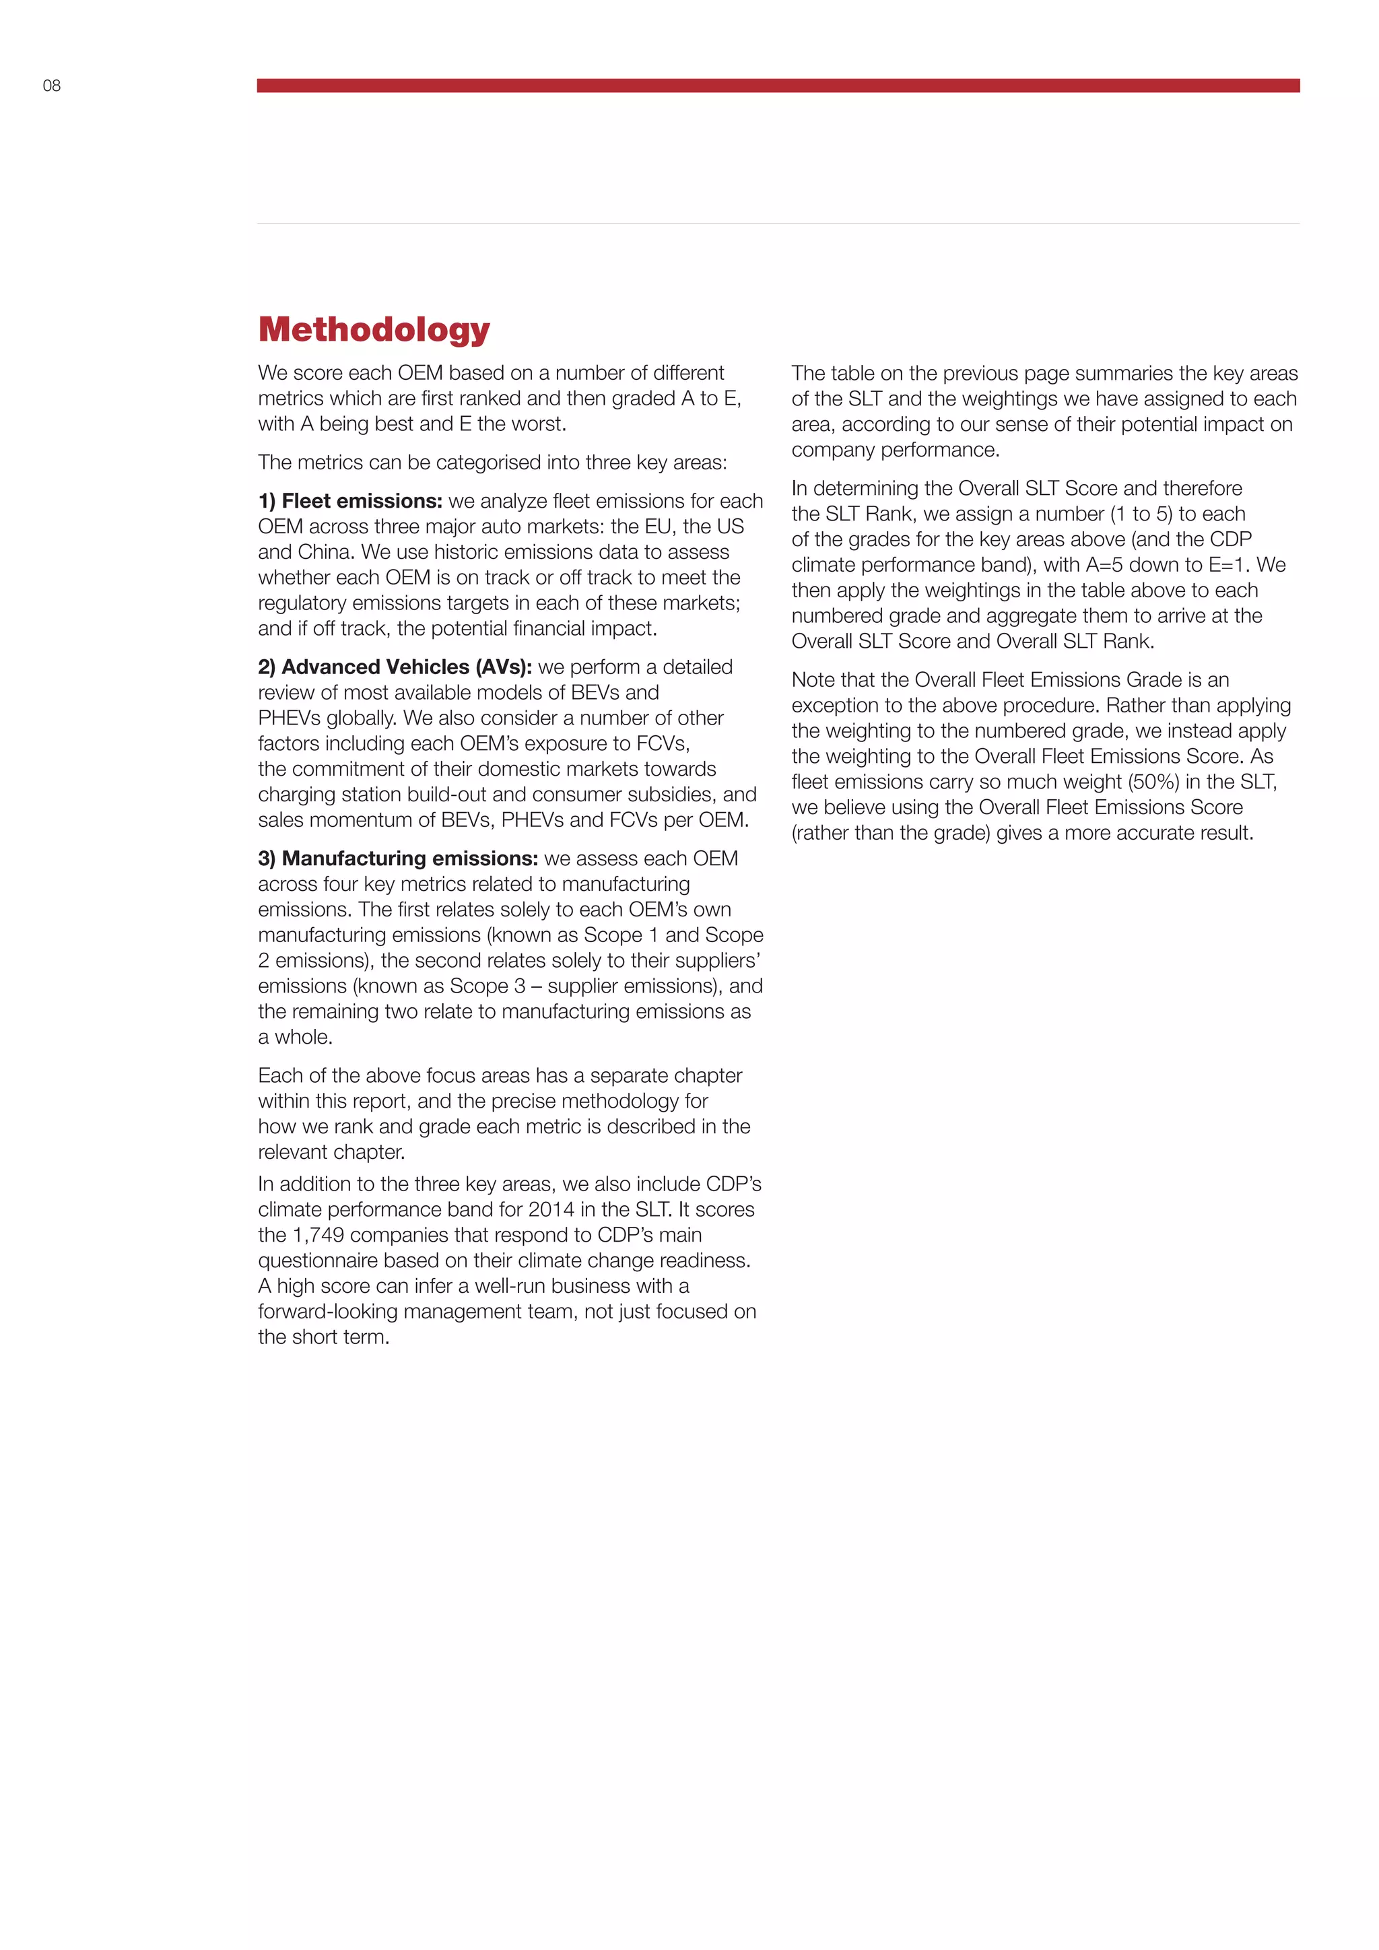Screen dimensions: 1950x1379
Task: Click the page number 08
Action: (52, 86)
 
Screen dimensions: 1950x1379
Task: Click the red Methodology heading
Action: (374, 329)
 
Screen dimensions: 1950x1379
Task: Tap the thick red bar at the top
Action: (778, 86)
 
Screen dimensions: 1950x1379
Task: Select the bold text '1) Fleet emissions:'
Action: (350, 501)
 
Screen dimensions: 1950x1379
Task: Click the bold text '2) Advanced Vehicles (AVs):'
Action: (395, 667)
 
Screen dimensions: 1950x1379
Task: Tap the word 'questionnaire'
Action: (322, 1260)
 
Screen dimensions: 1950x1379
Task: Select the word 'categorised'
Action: (492, 463)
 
